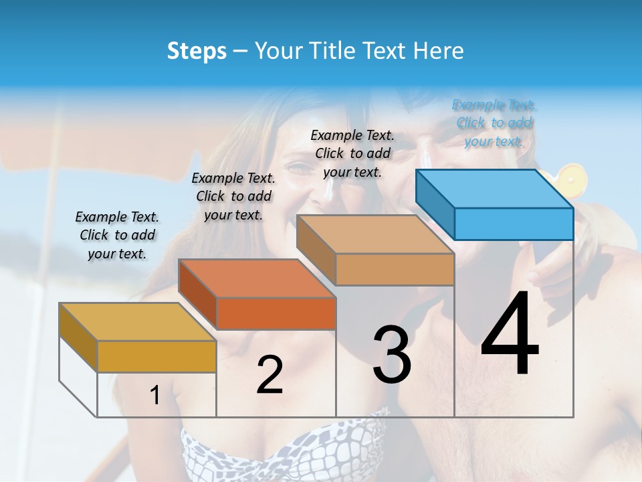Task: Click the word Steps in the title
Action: (x=196, y=51)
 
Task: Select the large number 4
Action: (x=510, y=335)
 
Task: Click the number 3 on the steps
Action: (x=392, y=355)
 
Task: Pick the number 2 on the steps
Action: (x=270, y=375)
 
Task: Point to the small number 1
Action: (x=155, y=396)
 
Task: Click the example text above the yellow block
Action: (x=117, y=235)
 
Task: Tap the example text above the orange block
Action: (x=233, y=196)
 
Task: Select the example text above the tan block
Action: (x=352, y=153)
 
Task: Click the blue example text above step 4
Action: (x=494, y=123)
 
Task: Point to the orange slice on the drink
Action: (x=572, y=178)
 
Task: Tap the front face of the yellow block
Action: (x=156, y=356)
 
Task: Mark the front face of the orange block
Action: (x=276, y=313)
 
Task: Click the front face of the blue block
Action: (x=514, y=224)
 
